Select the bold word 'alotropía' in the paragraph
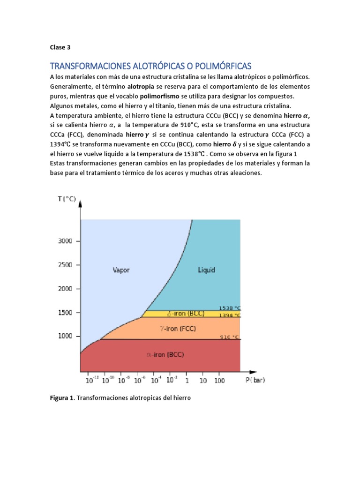click(x=142, y=87)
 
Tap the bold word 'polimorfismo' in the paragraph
click(x=160, y=97)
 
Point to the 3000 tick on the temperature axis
click(x=66, y=241)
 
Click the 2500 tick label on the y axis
click(x=66, y=265)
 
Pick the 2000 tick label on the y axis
click(x=66, y=289)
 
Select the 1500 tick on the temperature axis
click(x=66, y=313)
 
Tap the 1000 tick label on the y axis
click(x=66, y=337)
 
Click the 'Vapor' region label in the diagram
click(x=121, y=270)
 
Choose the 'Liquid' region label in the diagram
click(x=207, y=270)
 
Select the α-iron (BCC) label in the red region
click(x=165, y=355)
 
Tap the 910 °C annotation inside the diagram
click(x=229, y=337)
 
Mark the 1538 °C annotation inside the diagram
click(x=229, y=308)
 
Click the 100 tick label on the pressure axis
click(x=219, y=381)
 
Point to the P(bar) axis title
click(x=255, y=380)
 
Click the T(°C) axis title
click(x=67, y=199)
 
